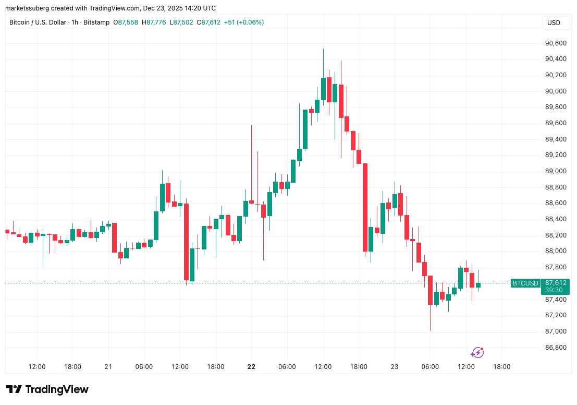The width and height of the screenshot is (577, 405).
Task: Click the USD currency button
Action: click(x=554, y=23)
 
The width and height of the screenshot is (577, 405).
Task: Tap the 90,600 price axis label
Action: click(x=555, y=43)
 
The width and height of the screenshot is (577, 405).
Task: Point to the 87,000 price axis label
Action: click(x=555, y=331)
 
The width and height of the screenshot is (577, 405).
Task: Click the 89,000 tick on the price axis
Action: click(x=555, y=171)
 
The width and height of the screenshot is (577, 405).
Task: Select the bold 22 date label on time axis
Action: click(x=251, y=367)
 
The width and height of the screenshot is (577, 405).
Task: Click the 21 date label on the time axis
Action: click(x=108, y=367)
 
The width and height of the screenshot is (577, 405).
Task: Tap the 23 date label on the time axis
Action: click(x=395, y=367)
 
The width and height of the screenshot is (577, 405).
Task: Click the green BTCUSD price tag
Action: click(x=525, y=283)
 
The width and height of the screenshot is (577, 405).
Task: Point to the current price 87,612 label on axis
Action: click(x=555, y=283)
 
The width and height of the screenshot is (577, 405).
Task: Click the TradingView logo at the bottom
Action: click(x=47, y=389)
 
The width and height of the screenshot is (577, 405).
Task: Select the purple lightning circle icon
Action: click(x=477, y=353)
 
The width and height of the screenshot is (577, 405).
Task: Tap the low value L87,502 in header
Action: click(x=180, y=22)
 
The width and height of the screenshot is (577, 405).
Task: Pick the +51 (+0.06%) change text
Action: click(x=244, y=22)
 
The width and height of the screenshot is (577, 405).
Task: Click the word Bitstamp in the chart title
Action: click(x=97, y=22)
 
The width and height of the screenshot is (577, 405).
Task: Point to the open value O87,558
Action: click(x=127, y=22)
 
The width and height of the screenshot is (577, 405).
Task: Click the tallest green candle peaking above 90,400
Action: click(x=323, y=89)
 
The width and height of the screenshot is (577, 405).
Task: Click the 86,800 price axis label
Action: click(x=555, y=348)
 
